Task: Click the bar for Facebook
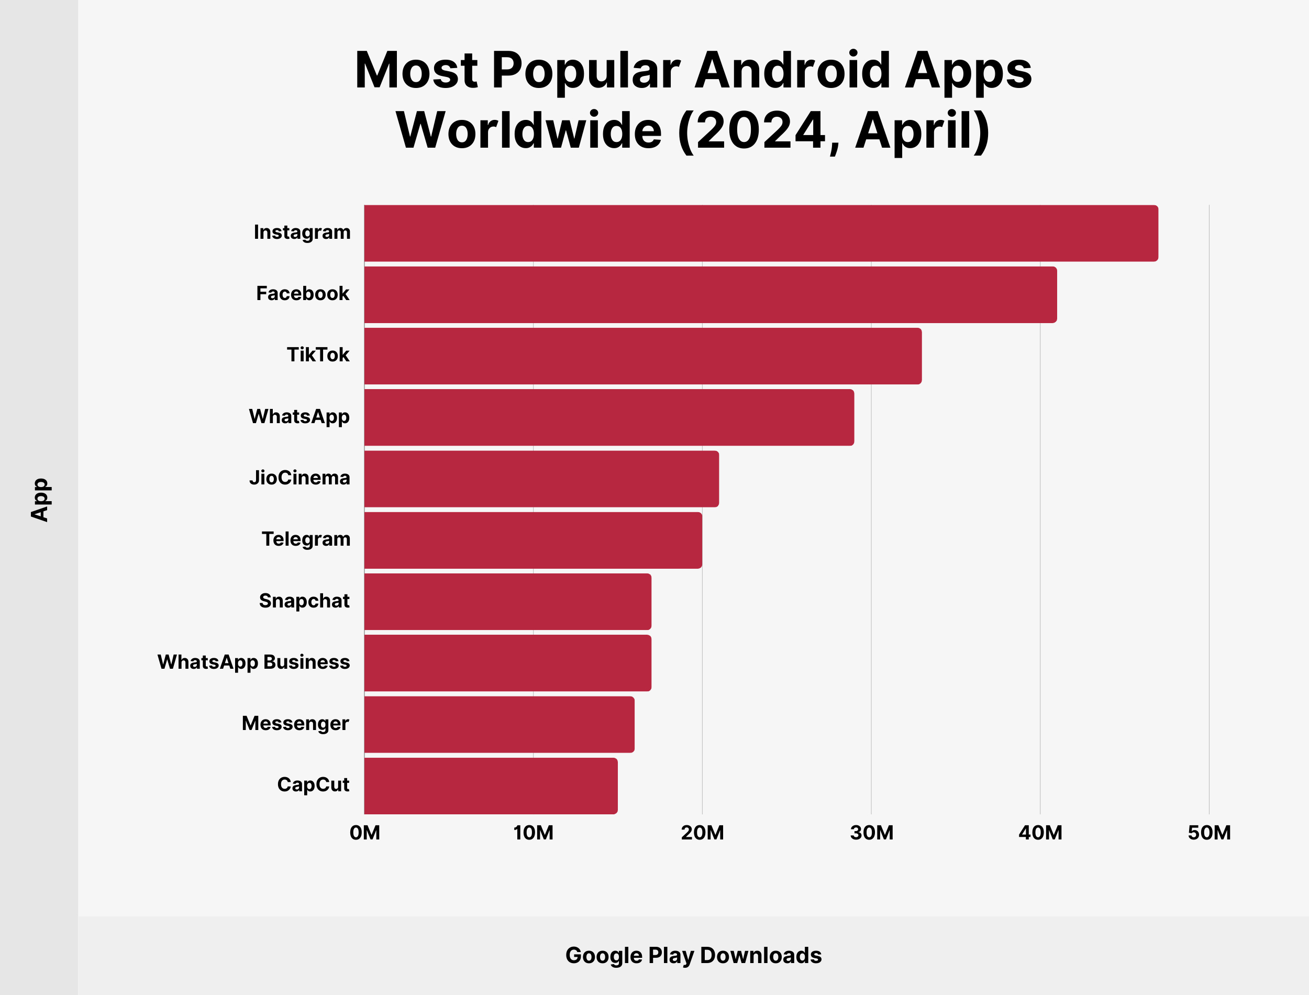[711, 294]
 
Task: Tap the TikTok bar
[642, 356]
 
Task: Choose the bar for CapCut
[491, 786]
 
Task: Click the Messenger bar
[499, 724]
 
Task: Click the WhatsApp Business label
[253, 661]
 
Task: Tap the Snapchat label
[304, 601]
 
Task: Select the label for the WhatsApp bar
[299, 416]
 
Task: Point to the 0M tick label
[365, 833]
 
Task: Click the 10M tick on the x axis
[533, 833]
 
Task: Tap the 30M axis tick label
[871, 833]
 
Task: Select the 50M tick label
[1209, 833]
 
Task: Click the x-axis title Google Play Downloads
[693, 955]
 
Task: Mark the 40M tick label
[1040, 833]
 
